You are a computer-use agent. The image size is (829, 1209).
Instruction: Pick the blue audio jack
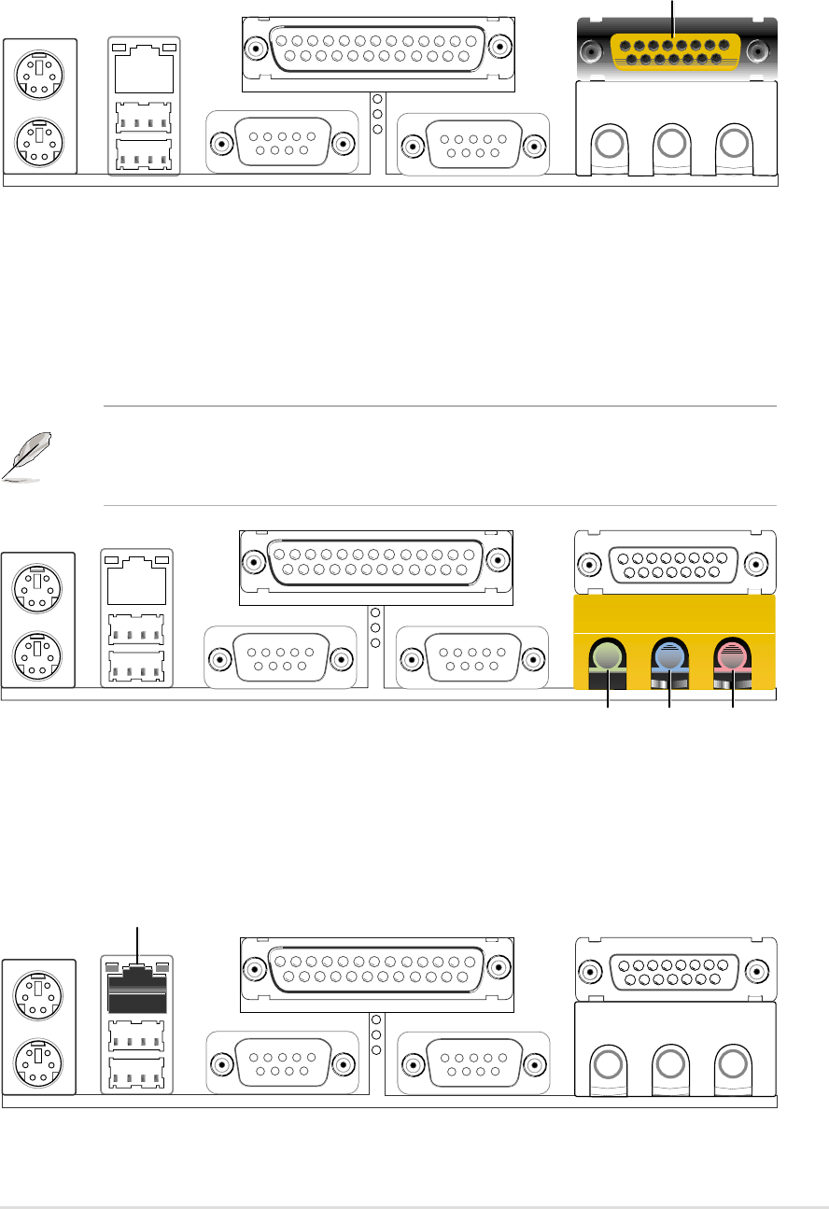[x=669, y=656]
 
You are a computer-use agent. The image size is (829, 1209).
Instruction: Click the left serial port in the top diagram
[x=283, y=143]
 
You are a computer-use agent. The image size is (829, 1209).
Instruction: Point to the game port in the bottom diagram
[x=675, y=970]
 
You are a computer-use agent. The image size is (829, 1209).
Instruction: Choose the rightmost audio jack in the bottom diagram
[x=732, y=1061]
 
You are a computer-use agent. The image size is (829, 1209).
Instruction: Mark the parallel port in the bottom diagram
[x=376, y=970]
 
